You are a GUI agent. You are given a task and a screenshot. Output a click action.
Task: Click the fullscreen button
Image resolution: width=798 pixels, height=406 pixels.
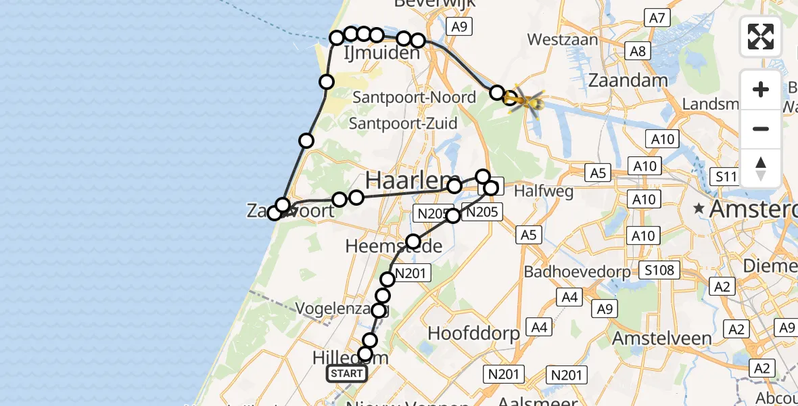(761, 37)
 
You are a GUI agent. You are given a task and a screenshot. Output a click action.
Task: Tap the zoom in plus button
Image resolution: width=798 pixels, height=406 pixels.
(761, 89)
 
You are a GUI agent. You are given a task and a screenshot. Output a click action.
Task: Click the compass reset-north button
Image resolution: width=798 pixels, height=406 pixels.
(761, 168)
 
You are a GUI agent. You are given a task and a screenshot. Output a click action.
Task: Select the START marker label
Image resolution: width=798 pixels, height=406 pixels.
(347, 374)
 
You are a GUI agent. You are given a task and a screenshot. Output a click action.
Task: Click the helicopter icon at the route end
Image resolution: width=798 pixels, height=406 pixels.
(528, 102)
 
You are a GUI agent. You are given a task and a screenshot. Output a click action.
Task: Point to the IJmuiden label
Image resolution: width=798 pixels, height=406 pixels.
(382, 53)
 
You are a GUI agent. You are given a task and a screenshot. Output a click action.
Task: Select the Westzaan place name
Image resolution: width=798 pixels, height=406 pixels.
(563, 40)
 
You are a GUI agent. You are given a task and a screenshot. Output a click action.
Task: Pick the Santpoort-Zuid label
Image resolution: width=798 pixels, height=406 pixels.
(403, 124)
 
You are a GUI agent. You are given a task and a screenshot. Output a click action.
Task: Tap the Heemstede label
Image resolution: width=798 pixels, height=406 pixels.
(394, 246)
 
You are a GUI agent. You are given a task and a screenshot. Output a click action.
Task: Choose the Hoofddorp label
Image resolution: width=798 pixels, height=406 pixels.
(474, 333)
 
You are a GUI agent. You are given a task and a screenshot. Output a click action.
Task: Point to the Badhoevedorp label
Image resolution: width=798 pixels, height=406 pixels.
(578, 272)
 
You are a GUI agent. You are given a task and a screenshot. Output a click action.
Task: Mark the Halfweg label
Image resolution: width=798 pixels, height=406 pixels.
(544, 191)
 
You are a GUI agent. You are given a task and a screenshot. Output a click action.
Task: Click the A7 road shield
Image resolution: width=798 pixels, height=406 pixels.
(657, 18)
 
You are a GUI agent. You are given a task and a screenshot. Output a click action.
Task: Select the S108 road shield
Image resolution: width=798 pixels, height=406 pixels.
(659, 271)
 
